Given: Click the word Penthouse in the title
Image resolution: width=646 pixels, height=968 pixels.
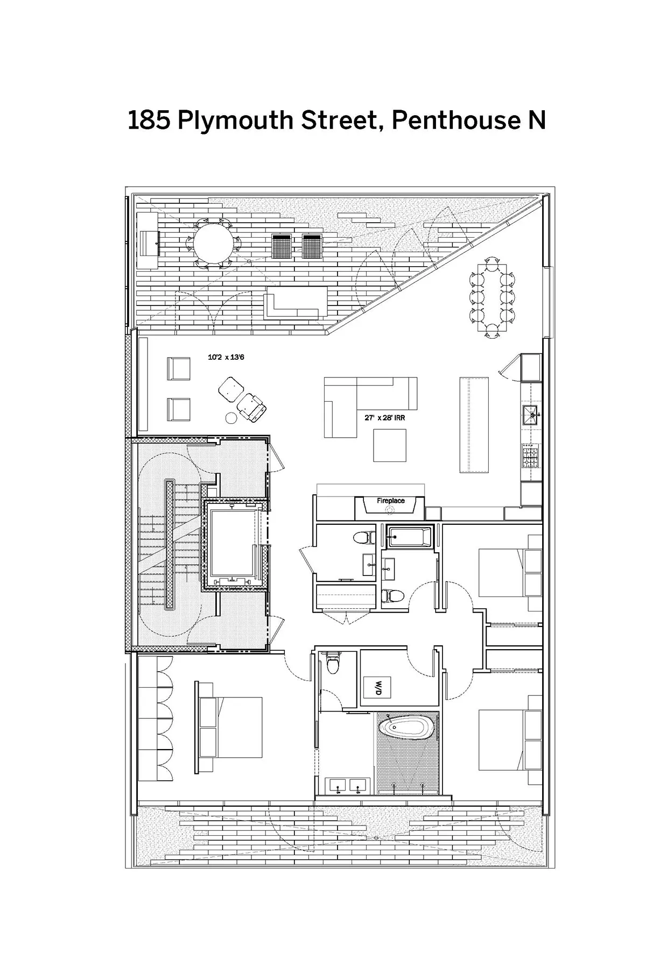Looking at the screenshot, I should point(453,120).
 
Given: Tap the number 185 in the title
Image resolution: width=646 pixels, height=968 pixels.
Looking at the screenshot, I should point(149,120).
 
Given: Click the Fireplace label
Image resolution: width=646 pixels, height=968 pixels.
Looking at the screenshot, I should point(390,501).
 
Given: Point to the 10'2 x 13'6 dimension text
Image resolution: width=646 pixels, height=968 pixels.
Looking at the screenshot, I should point(226,357).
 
